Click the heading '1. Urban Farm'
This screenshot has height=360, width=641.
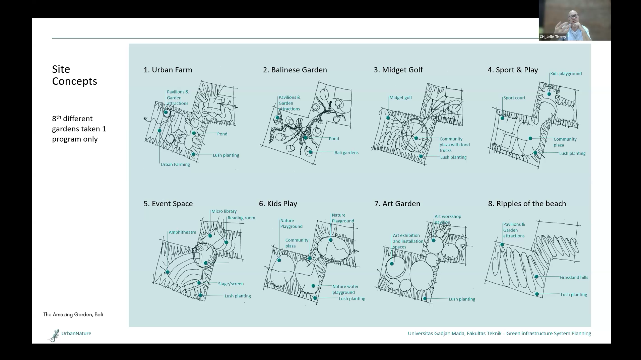[168, 70]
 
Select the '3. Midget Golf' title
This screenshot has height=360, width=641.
[398, 70]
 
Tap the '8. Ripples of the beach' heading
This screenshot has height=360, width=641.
[527, 204]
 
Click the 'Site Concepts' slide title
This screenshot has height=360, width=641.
[74, 75]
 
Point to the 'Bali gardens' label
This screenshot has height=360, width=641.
[346, 153]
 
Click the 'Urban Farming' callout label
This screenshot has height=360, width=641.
[175, 164]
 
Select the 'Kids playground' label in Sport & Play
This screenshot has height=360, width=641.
[566, 74]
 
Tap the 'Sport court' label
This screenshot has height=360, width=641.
[514, 98]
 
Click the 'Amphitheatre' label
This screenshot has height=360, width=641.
[182, 232]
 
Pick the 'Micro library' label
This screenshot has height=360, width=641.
[224, 211]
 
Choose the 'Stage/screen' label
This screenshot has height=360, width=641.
[231, 284]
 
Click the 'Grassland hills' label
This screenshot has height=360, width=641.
[574, 277]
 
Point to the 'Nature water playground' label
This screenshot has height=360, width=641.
[345, 289]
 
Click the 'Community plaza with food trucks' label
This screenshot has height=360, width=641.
[455, 145]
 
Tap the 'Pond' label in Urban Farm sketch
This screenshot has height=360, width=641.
[222, 134]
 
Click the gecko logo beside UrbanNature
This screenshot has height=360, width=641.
[53, 335]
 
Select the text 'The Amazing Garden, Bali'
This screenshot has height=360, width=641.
[73, 314]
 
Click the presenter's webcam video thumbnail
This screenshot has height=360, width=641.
[575, 20]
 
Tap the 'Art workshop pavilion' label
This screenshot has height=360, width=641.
[448, 219]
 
